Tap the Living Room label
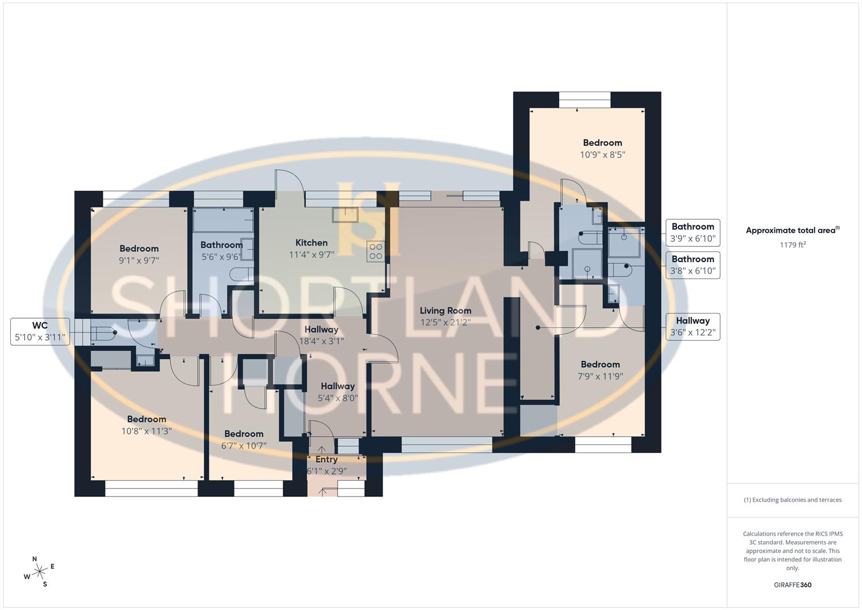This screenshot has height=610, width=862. pos(445,311)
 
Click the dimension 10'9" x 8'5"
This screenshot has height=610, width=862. pos(602,155)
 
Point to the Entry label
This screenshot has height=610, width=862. pos(326,460)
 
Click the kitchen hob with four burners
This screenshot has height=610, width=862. pos(375,251)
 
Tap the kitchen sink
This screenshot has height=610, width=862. pos(345,215)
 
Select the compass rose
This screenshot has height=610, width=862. pos(40,572)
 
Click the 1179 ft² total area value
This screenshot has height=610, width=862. pos(793,245)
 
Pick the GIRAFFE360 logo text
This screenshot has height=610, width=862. pos(793,585)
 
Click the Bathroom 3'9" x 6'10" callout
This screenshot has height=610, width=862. pos(693,233)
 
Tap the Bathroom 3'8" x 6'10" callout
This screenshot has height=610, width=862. pos(693,265)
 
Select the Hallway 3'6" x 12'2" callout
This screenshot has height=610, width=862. pos(693,326)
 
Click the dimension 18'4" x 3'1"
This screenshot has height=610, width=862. pos(321,341)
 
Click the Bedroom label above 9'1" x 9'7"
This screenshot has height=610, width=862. pos(139,249)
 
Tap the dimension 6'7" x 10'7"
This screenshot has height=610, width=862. pos(244,446)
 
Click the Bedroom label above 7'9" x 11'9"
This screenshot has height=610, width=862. pos(600,364)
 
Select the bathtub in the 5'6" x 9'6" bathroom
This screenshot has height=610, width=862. pos(223,220)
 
